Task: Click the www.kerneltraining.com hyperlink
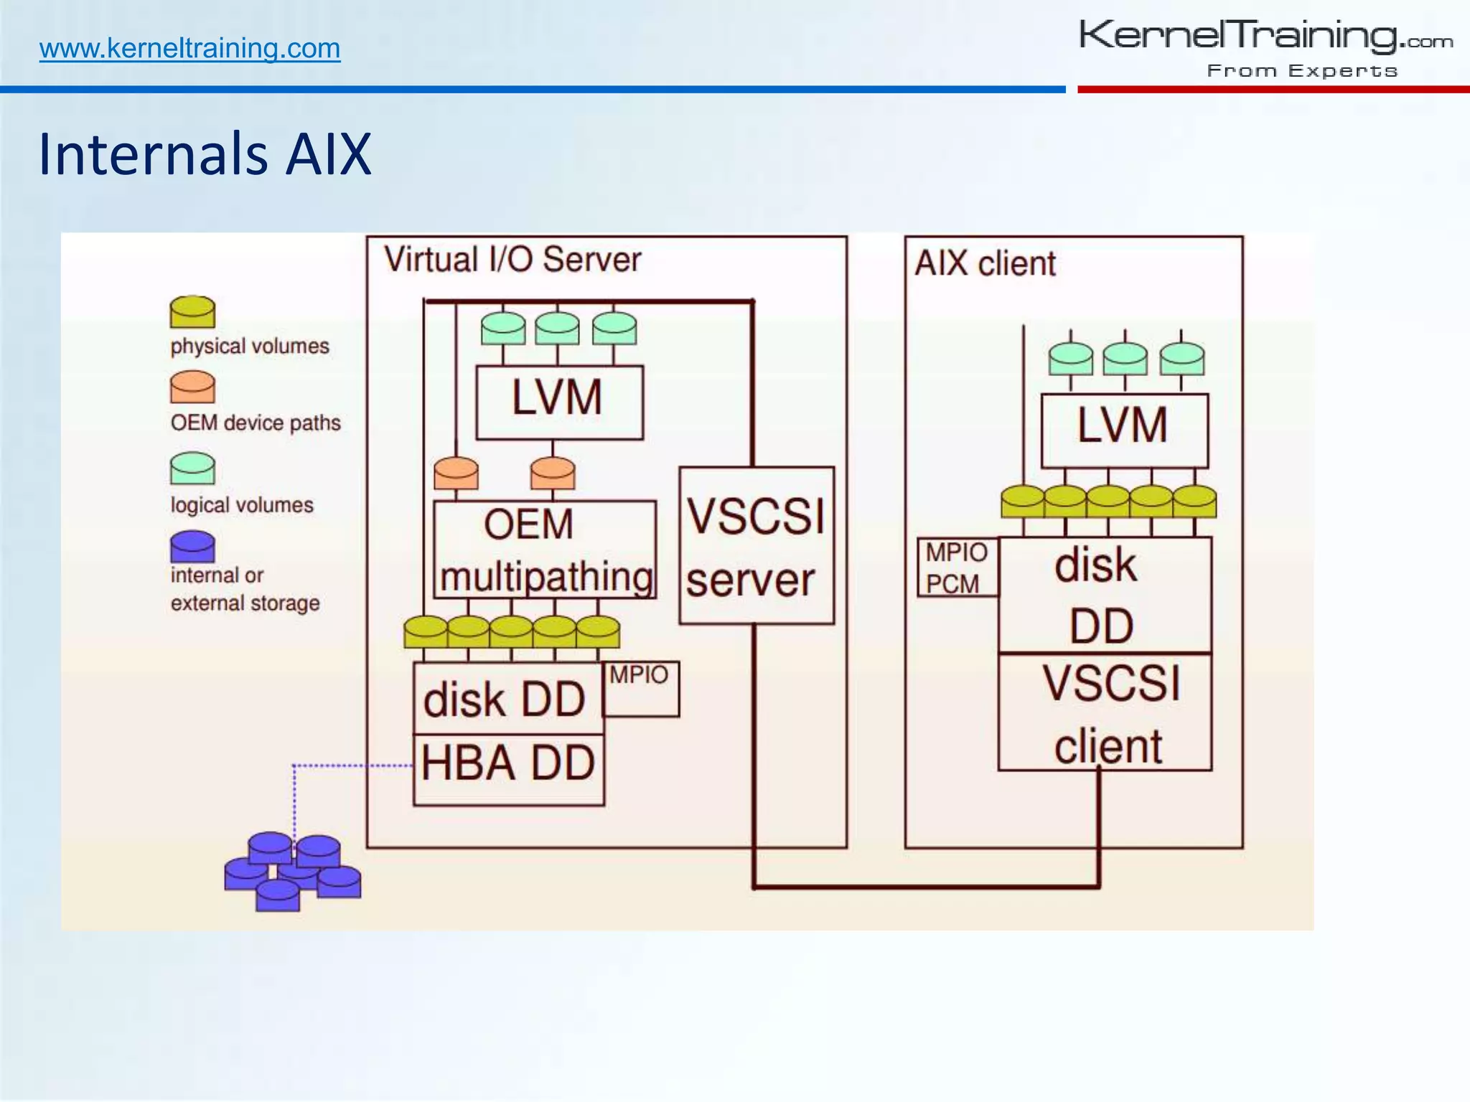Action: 189,49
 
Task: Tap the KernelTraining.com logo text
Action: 1265,36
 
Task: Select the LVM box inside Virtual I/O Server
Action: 559,402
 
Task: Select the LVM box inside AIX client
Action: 1124,429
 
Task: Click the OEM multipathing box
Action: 544,550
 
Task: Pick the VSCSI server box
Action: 756,545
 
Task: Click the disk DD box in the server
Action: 507,699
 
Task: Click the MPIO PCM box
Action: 957,567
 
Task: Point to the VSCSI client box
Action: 1105,712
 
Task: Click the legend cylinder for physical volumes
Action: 192,313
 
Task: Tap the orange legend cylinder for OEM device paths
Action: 192,387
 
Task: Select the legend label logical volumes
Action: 242,505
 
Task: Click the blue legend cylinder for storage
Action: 192,547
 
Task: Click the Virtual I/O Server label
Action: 512,260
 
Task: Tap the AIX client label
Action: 985,264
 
